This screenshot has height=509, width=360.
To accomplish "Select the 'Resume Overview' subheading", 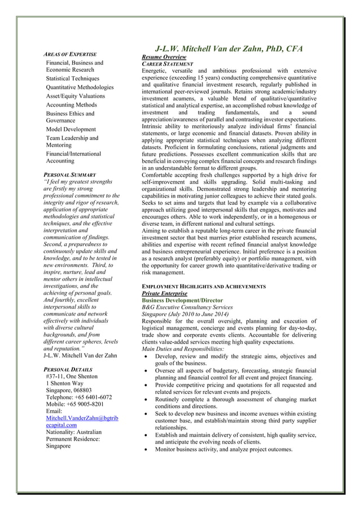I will (164, 58).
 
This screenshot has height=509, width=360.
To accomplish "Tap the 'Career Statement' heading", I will (168, 64).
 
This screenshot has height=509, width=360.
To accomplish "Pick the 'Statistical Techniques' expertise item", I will (72, 78).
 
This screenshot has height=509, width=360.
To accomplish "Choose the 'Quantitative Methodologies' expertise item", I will (80, 87).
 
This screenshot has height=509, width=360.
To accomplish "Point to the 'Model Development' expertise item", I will (71, 129).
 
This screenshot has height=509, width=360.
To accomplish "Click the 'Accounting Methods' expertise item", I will (72, 105).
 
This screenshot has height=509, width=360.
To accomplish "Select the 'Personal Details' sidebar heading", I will (68, 368).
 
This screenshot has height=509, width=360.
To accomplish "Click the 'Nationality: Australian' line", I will (75, 432).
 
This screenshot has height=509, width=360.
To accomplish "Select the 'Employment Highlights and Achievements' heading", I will (203, 287).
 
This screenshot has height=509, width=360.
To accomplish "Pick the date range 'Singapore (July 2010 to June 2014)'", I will (185, 314).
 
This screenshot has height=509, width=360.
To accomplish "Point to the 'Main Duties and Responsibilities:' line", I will (183, 349).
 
